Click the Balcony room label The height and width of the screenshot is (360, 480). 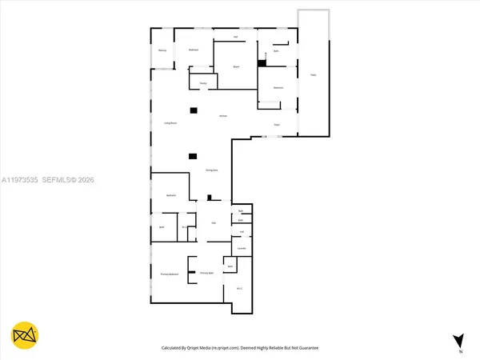coord(162,50)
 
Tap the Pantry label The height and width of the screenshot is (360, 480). coord(203,82)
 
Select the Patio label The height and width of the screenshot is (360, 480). coord(313,75)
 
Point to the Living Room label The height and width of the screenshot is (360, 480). coord(170,123)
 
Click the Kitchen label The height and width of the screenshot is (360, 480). coord(225,117)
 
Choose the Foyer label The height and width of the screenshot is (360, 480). coord(277,125)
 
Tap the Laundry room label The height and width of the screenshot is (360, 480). coord(242,249)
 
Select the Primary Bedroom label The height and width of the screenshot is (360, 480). coord(168,274)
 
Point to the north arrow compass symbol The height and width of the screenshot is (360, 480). coord(458,340)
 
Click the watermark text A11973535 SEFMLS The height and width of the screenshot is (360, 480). coord(47,180)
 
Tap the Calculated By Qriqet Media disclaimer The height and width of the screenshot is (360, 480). coord(239,349)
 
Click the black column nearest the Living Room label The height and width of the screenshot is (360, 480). coord(193,110)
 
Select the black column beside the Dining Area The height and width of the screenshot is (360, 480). coord(193,157)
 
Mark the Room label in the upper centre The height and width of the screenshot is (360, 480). coord(236,66)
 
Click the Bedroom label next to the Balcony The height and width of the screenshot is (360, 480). coord(193,50)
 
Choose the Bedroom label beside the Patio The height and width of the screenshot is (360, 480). coord(278,87)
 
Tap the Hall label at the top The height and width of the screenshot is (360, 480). coord(235,37)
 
